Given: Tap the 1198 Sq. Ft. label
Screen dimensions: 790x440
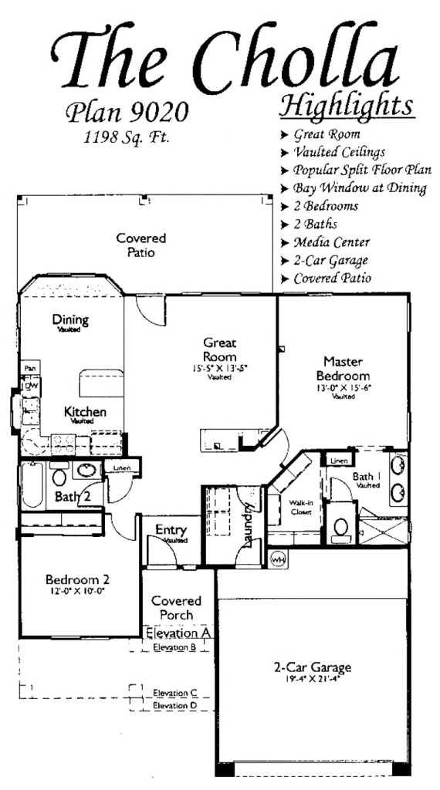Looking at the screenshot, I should [x=126, y=140].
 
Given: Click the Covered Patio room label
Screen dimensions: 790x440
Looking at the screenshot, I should [x=141, y=245].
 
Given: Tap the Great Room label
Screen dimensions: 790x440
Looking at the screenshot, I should [x=219, y=349].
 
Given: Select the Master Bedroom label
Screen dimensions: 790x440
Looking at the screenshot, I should [x=343, y=367].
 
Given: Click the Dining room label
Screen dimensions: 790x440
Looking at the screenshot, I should [x=70, y=320].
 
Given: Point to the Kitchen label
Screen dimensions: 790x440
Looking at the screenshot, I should [x=85, y=412].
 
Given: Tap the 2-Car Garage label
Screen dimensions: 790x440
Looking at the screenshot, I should [x=313, y=667].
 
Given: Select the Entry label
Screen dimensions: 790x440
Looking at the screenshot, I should [x=170, y=530].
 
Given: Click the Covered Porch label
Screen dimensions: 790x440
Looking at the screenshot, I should [x=176, y=607].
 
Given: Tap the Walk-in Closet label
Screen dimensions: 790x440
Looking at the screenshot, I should [x=300, y=506].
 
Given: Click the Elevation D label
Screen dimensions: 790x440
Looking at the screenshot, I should [x=174, y=705].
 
